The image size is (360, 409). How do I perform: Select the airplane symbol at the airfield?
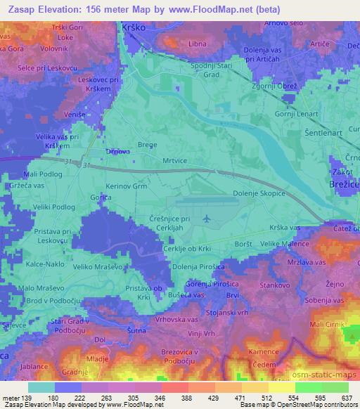pos(205,220)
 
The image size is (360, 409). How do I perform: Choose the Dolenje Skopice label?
pos(259,193)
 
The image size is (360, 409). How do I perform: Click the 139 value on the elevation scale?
pos(27,398)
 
